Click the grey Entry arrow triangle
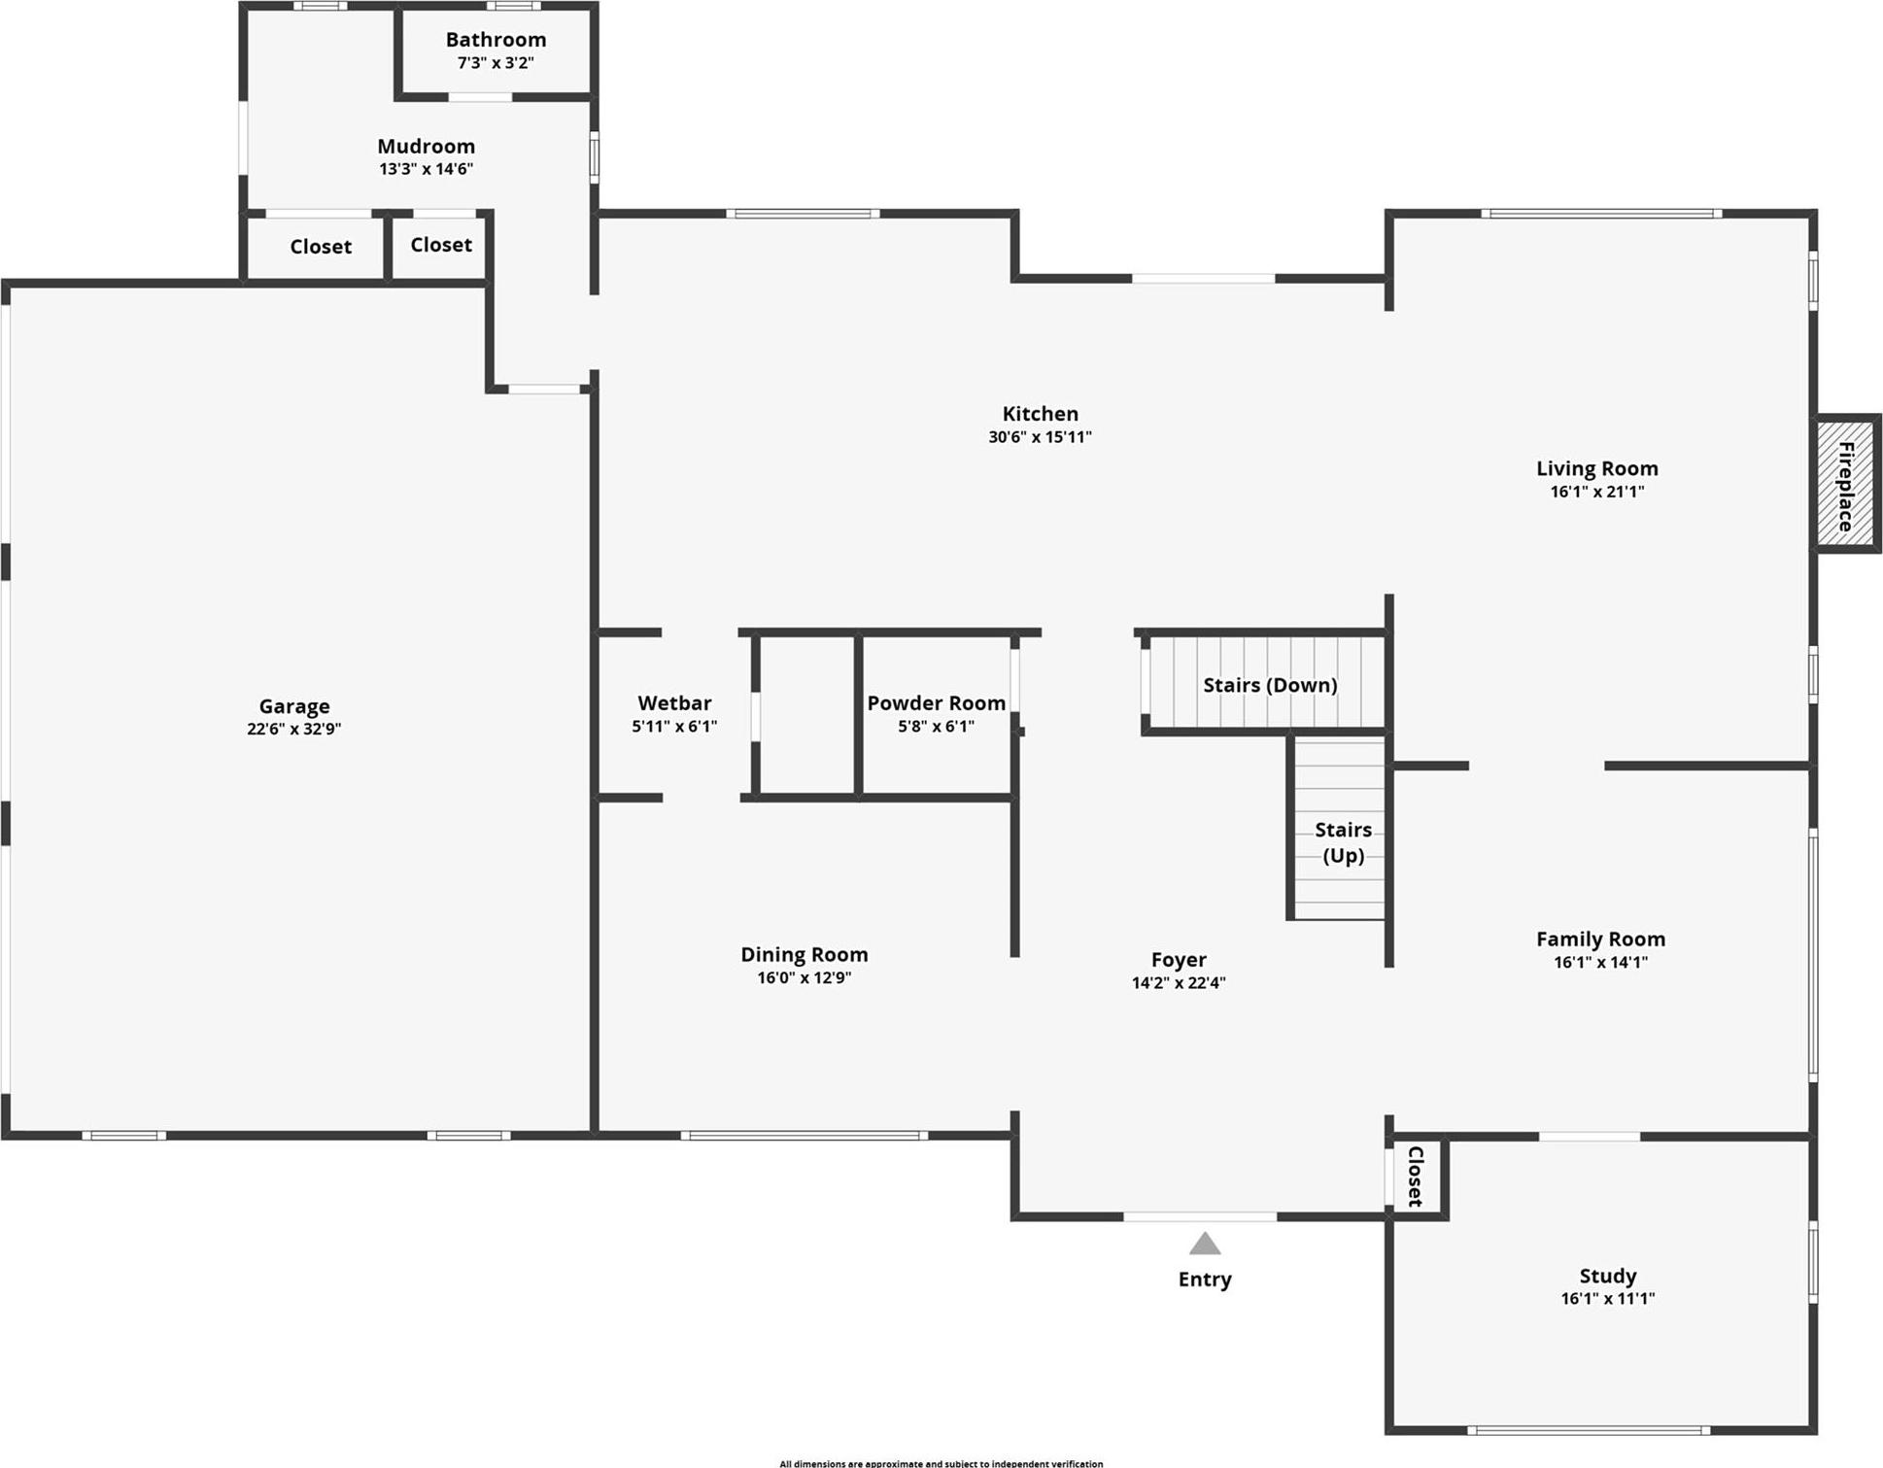(1205, 1245)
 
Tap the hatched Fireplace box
(1846, 484)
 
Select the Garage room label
(293, 706)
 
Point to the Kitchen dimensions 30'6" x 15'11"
(1040, 437)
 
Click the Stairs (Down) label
(1270, 685)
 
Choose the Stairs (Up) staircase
(1340, 831)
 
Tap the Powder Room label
(936, 702)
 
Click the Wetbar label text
(674, 702)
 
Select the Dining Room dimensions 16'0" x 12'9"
(804, 977)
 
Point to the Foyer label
(1179, 960)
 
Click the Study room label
(1607, 1276)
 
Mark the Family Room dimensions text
(1600, 962)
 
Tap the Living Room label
(1596, 468)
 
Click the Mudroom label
(426, 147)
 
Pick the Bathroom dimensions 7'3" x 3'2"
(496, 63)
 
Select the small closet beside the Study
(1416, 1177)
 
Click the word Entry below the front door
(1205, 1280)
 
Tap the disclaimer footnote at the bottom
(941, 1463)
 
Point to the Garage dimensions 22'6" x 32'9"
(293, 729)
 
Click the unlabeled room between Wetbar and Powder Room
(806, 715)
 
